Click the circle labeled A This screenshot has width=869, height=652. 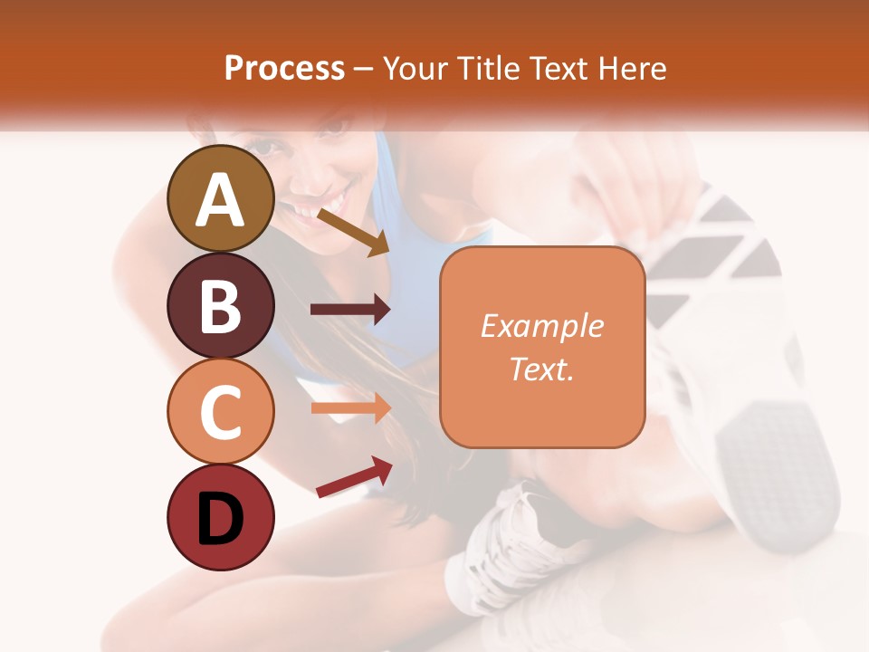220,198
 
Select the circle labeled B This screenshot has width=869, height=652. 220,305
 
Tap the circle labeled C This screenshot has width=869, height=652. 220,412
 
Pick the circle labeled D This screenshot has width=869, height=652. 220,518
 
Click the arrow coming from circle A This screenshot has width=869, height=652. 353,232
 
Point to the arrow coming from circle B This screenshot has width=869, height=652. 350,310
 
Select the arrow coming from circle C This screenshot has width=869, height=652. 350,408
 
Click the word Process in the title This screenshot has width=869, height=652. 284,69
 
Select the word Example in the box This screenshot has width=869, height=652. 541,326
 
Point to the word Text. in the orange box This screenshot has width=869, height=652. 541,369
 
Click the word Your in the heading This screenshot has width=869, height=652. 415,69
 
